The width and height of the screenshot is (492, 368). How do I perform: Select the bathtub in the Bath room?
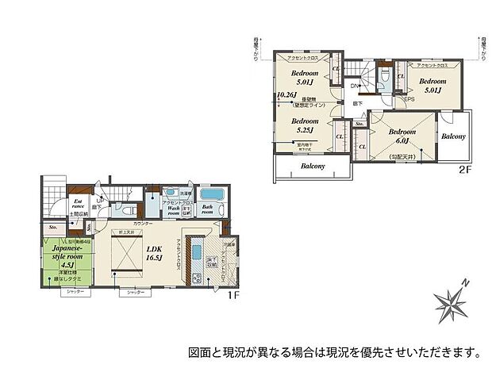[212, 195]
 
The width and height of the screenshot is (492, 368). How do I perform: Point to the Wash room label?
[174, 210]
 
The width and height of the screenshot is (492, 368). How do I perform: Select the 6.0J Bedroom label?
[402, 136]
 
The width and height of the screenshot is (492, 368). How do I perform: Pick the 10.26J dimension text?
[284, 95]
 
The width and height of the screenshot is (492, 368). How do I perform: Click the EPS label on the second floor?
[410, 99]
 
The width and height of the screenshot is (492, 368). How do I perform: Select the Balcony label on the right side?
[453, 136]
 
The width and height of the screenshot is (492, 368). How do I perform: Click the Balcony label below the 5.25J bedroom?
[313, 167]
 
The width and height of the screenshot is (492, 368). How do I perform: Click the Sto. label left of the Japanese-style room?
[53, 228]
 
